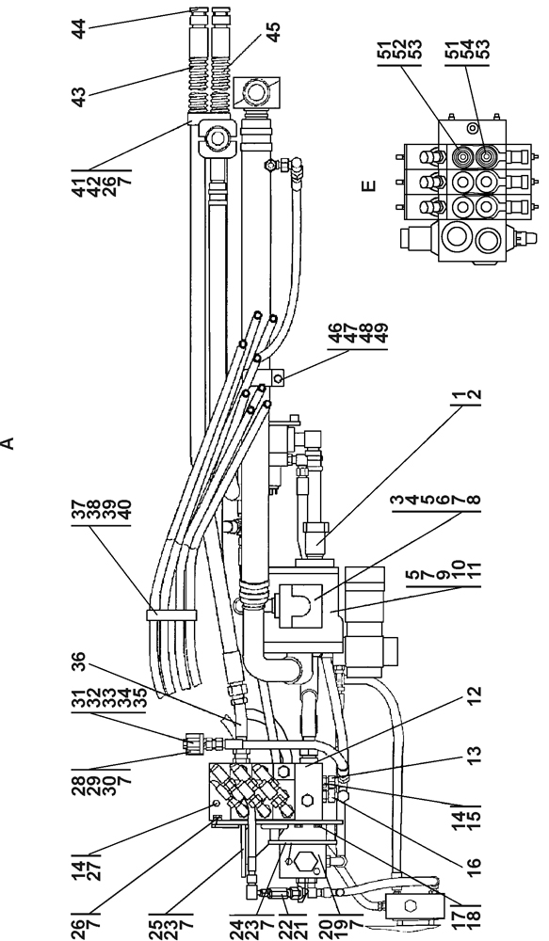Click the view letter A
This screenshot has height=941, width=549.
[x=8, y=443]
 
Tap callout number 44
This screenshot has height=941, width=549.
[x=79, y=29]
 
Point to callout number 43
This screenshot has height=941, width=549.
[x=79, y=95]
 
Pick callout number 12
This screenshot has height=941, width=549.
[x=473, y=702]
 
